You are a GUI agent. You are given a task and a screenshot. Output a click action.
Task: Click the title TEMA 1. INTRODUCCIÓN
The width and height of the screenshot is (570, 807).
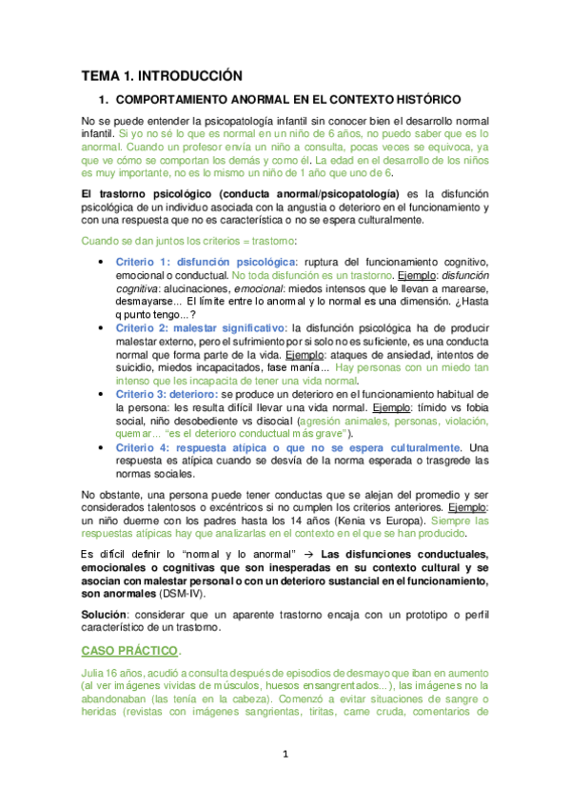[x=162, y=75]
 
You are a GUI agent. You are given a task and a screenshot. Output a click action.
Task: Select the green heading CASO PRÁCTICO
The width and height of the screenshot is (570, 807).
[x=128, y=650]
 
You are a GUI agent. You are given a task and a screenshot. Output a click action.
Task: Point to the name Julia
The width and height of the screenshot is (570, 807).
[x=95, y=674]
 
